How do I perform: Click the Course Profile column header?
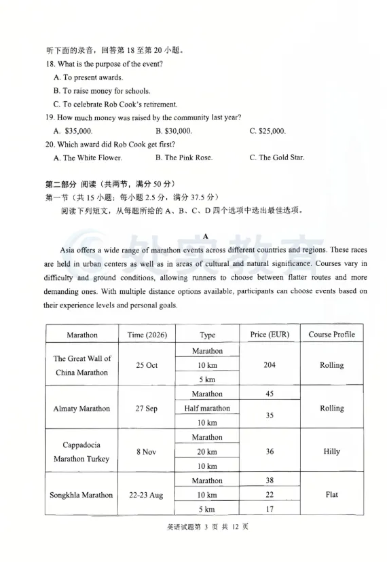(331, 335)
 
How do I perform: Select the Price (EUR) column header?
(270, 335)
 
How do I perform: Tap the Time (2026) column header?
(147, 335)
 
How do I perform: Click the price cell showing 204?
(270, 365)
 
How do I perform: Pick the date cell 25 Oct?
(147, 365)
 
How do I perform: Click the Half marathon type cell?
(207, 409)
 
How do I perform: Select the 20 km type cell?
(207, 452)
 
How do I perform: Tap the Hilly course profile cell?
(331, 452)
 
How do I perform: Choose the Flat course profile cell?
(331, 495)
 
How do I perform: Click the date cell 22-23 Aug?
(147, 495)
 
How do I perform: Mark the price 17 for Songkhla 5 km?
(270, 510)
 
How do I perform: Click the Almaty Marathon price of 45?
(270, 394)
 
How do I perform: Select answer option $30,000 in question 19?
(173, 131)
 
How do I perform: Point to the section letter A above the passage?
(206, 237)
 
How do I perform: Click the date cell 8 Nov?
(147, 452)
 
